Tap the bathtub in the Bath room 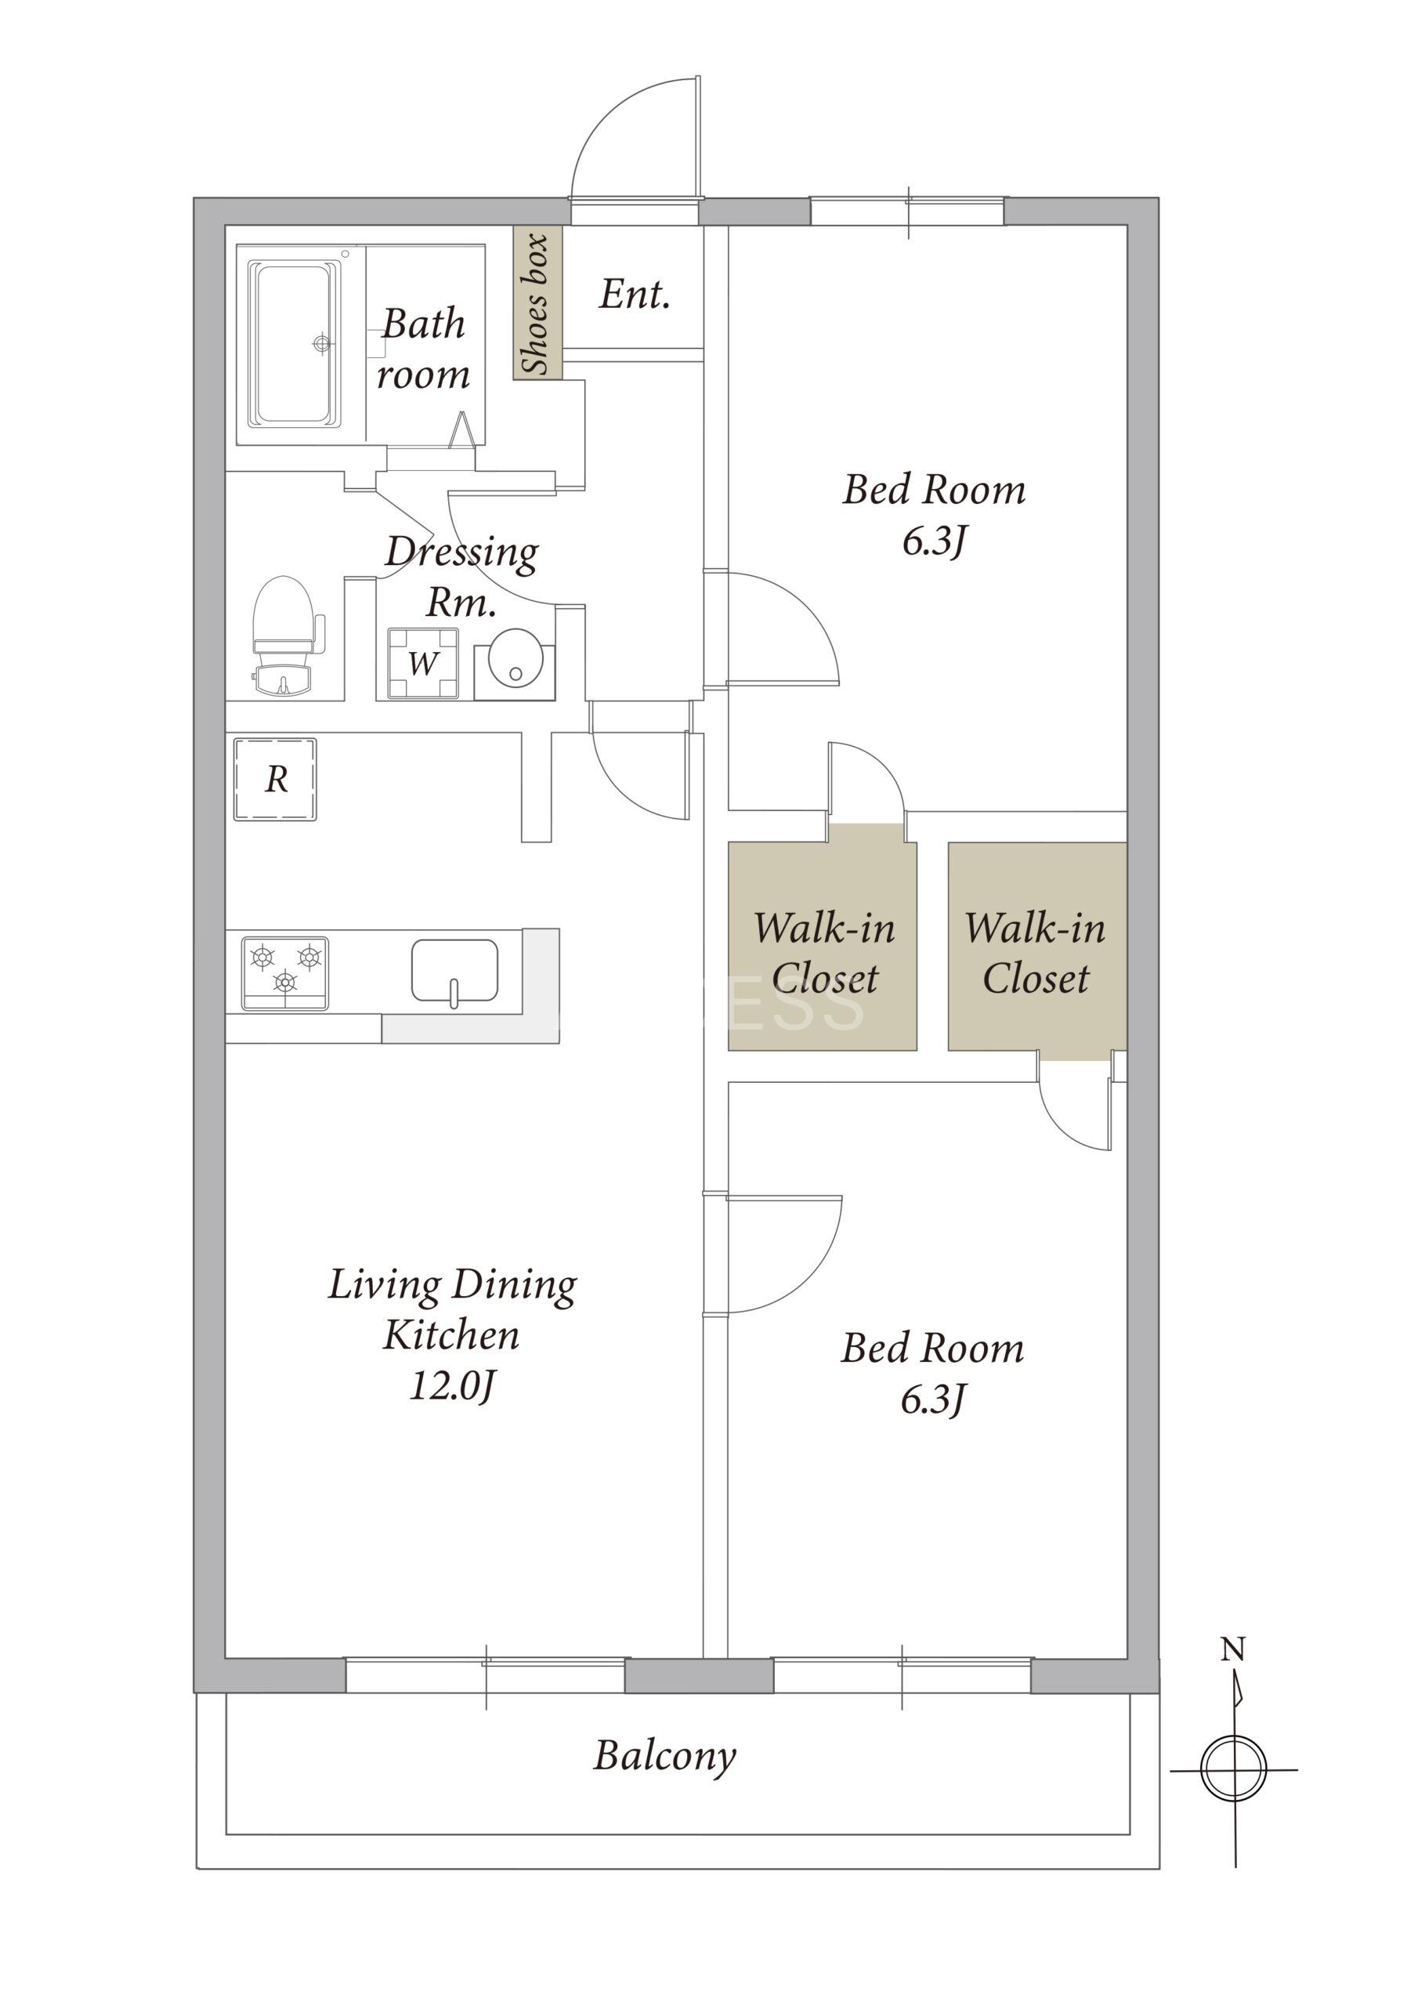tap(295, 344)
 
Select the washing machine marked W tap(423, 663)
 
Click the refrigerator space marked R tap(275, 780)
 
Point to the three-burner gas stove tap(285, 973)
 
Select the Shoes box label tap(536, 303)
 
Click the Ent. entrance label tap(635, 295)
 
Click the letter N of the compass tap(1232, 1649)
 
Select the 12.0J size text tap(453, 1385)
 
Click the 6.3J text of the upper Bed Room tap(934, 541)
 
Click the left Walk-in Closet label tap(825, 952)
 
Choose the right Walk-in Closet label tap(1036, 952)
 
